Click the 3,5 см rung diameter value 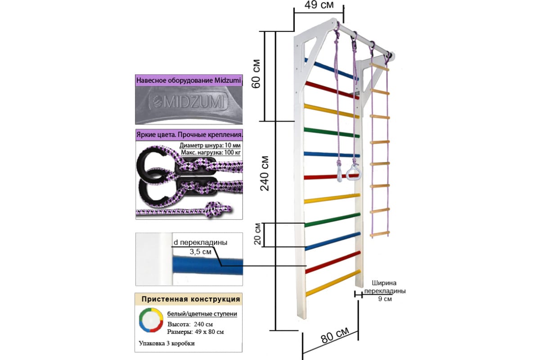(200, 252)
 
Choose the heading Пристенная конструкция (191, 299)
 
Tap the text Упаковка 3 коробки (167, 343)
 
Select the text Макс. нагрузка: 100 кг (210, 153)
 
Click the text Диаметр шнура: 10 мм (210, 146)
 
